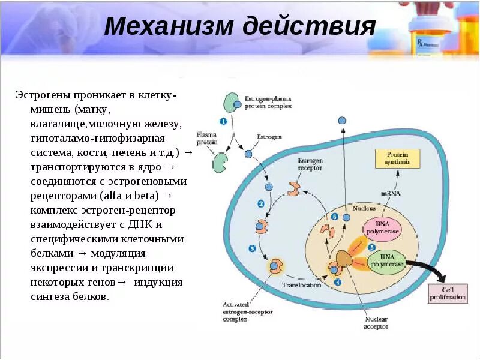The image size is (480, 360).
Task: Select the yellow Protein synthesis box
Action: [397, 158]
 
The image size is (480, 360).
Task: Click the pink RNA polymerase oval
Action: [382, 229]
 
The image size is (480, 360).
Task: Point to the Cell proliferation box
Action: [446, 294]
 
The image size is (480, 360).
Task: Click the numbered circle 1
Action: [223, 122]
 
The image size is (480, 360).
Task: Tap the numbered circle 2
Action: [261, 203]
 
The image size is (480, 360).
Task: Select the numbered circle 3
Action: [252, 248]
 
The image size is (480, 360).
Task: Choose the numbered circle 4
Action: [338, 281]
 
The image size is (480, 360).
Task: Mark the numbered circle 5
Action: [372, 247]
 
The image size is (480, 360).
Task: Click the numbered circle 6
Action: [335, 217]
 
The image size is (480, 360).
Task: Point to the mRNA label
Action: [391, 193]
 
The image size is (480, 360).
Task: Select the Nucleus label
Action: [364, 208]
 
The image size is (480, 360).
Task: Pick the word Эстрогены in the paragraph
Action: [44, 95]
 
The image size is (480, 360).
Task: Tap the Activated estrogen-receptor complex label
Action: [240, 311]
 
